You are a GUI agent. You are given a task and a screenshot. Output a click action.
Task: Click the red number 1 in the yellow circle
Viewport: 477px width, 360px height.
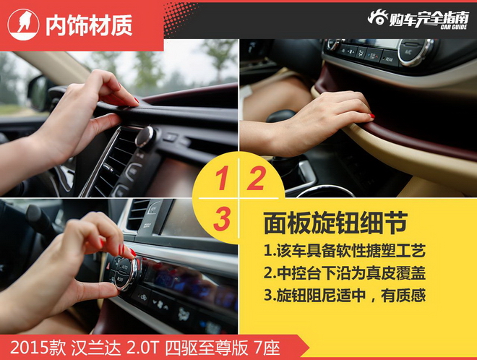coord(224,178)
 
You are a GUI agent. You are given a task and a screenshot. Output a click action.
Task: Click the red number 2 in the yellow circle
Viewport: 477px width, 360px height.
coord(256,178)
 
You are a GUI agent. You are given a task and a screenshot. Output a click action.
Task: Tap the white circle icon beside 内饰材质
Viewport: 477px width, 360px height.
coord(24,25)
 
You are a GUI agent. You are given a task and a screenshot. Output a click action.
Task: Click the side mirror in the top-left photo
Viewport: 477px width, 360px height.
coord(38,92)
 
